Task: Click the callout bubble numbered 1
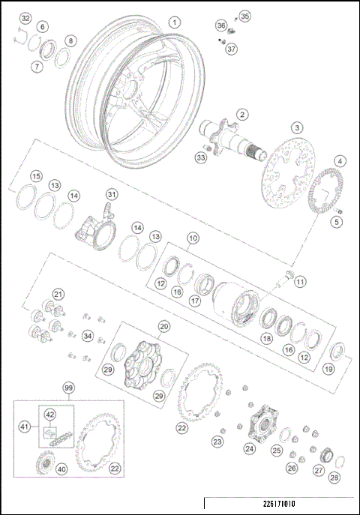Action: (x=174, y=22)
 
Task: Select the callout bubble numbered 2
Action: (x=242, y=114)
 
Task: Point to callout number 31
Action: (x=111, y=195)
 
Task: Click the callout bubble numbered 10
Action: (x=193, y=238)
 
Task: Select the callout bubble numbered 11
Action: (x=300, y=282)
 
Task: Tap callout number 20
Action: (x=163, y=326)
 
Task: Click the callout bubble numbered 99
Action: (x=69, y=388)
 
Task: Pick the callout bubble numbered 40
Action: (x=61, y=470)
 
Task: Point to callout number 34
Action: (x=88, y=336)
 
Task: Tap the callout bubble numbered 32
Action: (x=25, y=17)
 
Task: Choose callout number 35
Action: (x=244, y=16)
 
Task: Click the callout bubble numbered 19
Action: (x=328, y=368)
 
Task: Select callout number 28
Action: (x=334, y=478)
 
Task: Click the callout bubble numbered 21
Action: (x=58, y=294)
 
